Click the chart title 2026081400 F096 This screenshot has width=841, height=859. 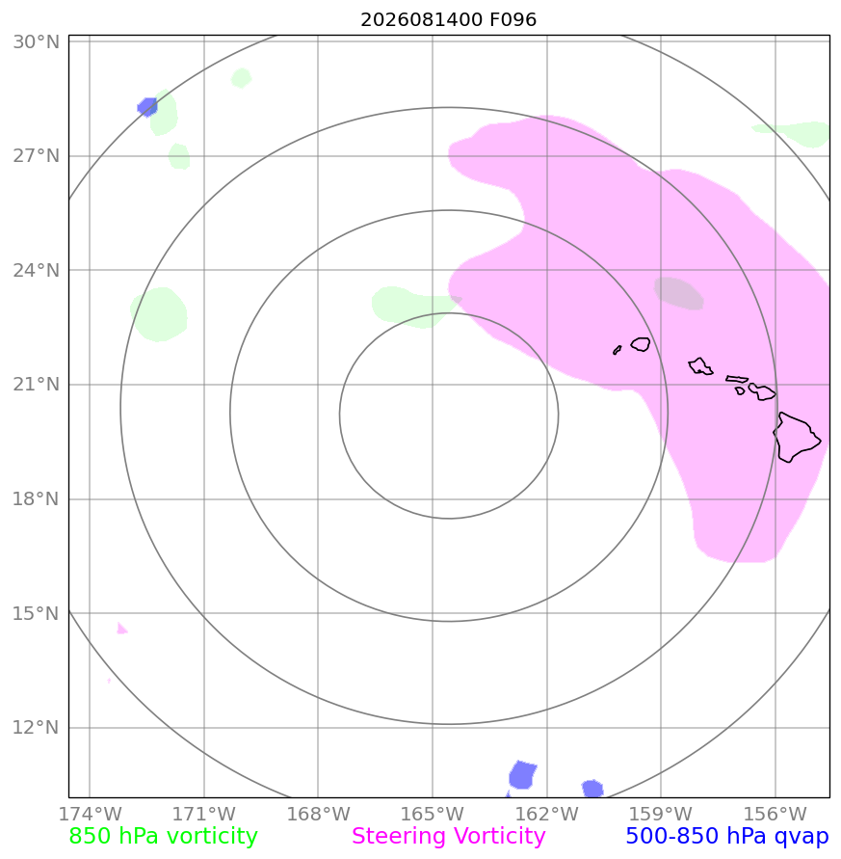tap(448, 19)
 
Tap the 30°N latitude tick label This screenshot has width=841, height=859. tap(37, 41)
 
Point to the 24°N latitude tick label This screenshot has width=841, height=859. tap(37, 270)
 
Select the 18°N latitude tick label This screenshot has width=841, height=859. tap(37, 499)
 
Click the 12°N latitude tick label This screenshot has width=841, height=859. tap(37, 728)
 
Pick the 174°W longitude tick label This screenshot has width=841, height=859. tap(90, 814)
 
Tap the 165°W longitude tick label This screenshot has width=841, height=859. tap(433, 814)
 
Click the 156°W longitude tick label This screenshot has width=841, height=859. tap(775, 814)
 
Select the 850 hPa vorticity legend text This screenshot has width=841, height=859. tap(163, 837)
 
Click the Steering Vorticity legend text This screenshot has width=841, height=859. tap(448, 837)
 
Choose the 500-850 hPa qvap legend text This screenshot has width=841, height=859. tap(727, 837)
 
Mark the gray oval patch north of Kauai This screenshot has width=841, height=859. tap(678, 293)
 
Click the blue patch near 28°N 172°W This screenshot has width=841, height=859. tap(147, 107)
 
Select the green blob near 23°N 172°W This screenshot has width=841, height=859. tap(159, 314)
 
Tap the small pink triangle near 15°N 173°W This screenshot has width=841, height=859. tap(121, 629)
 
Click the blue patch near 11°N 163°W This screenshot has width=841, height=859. tap(522, 774)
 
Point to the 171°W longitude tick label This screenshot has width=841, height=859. tap(203, 814)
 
